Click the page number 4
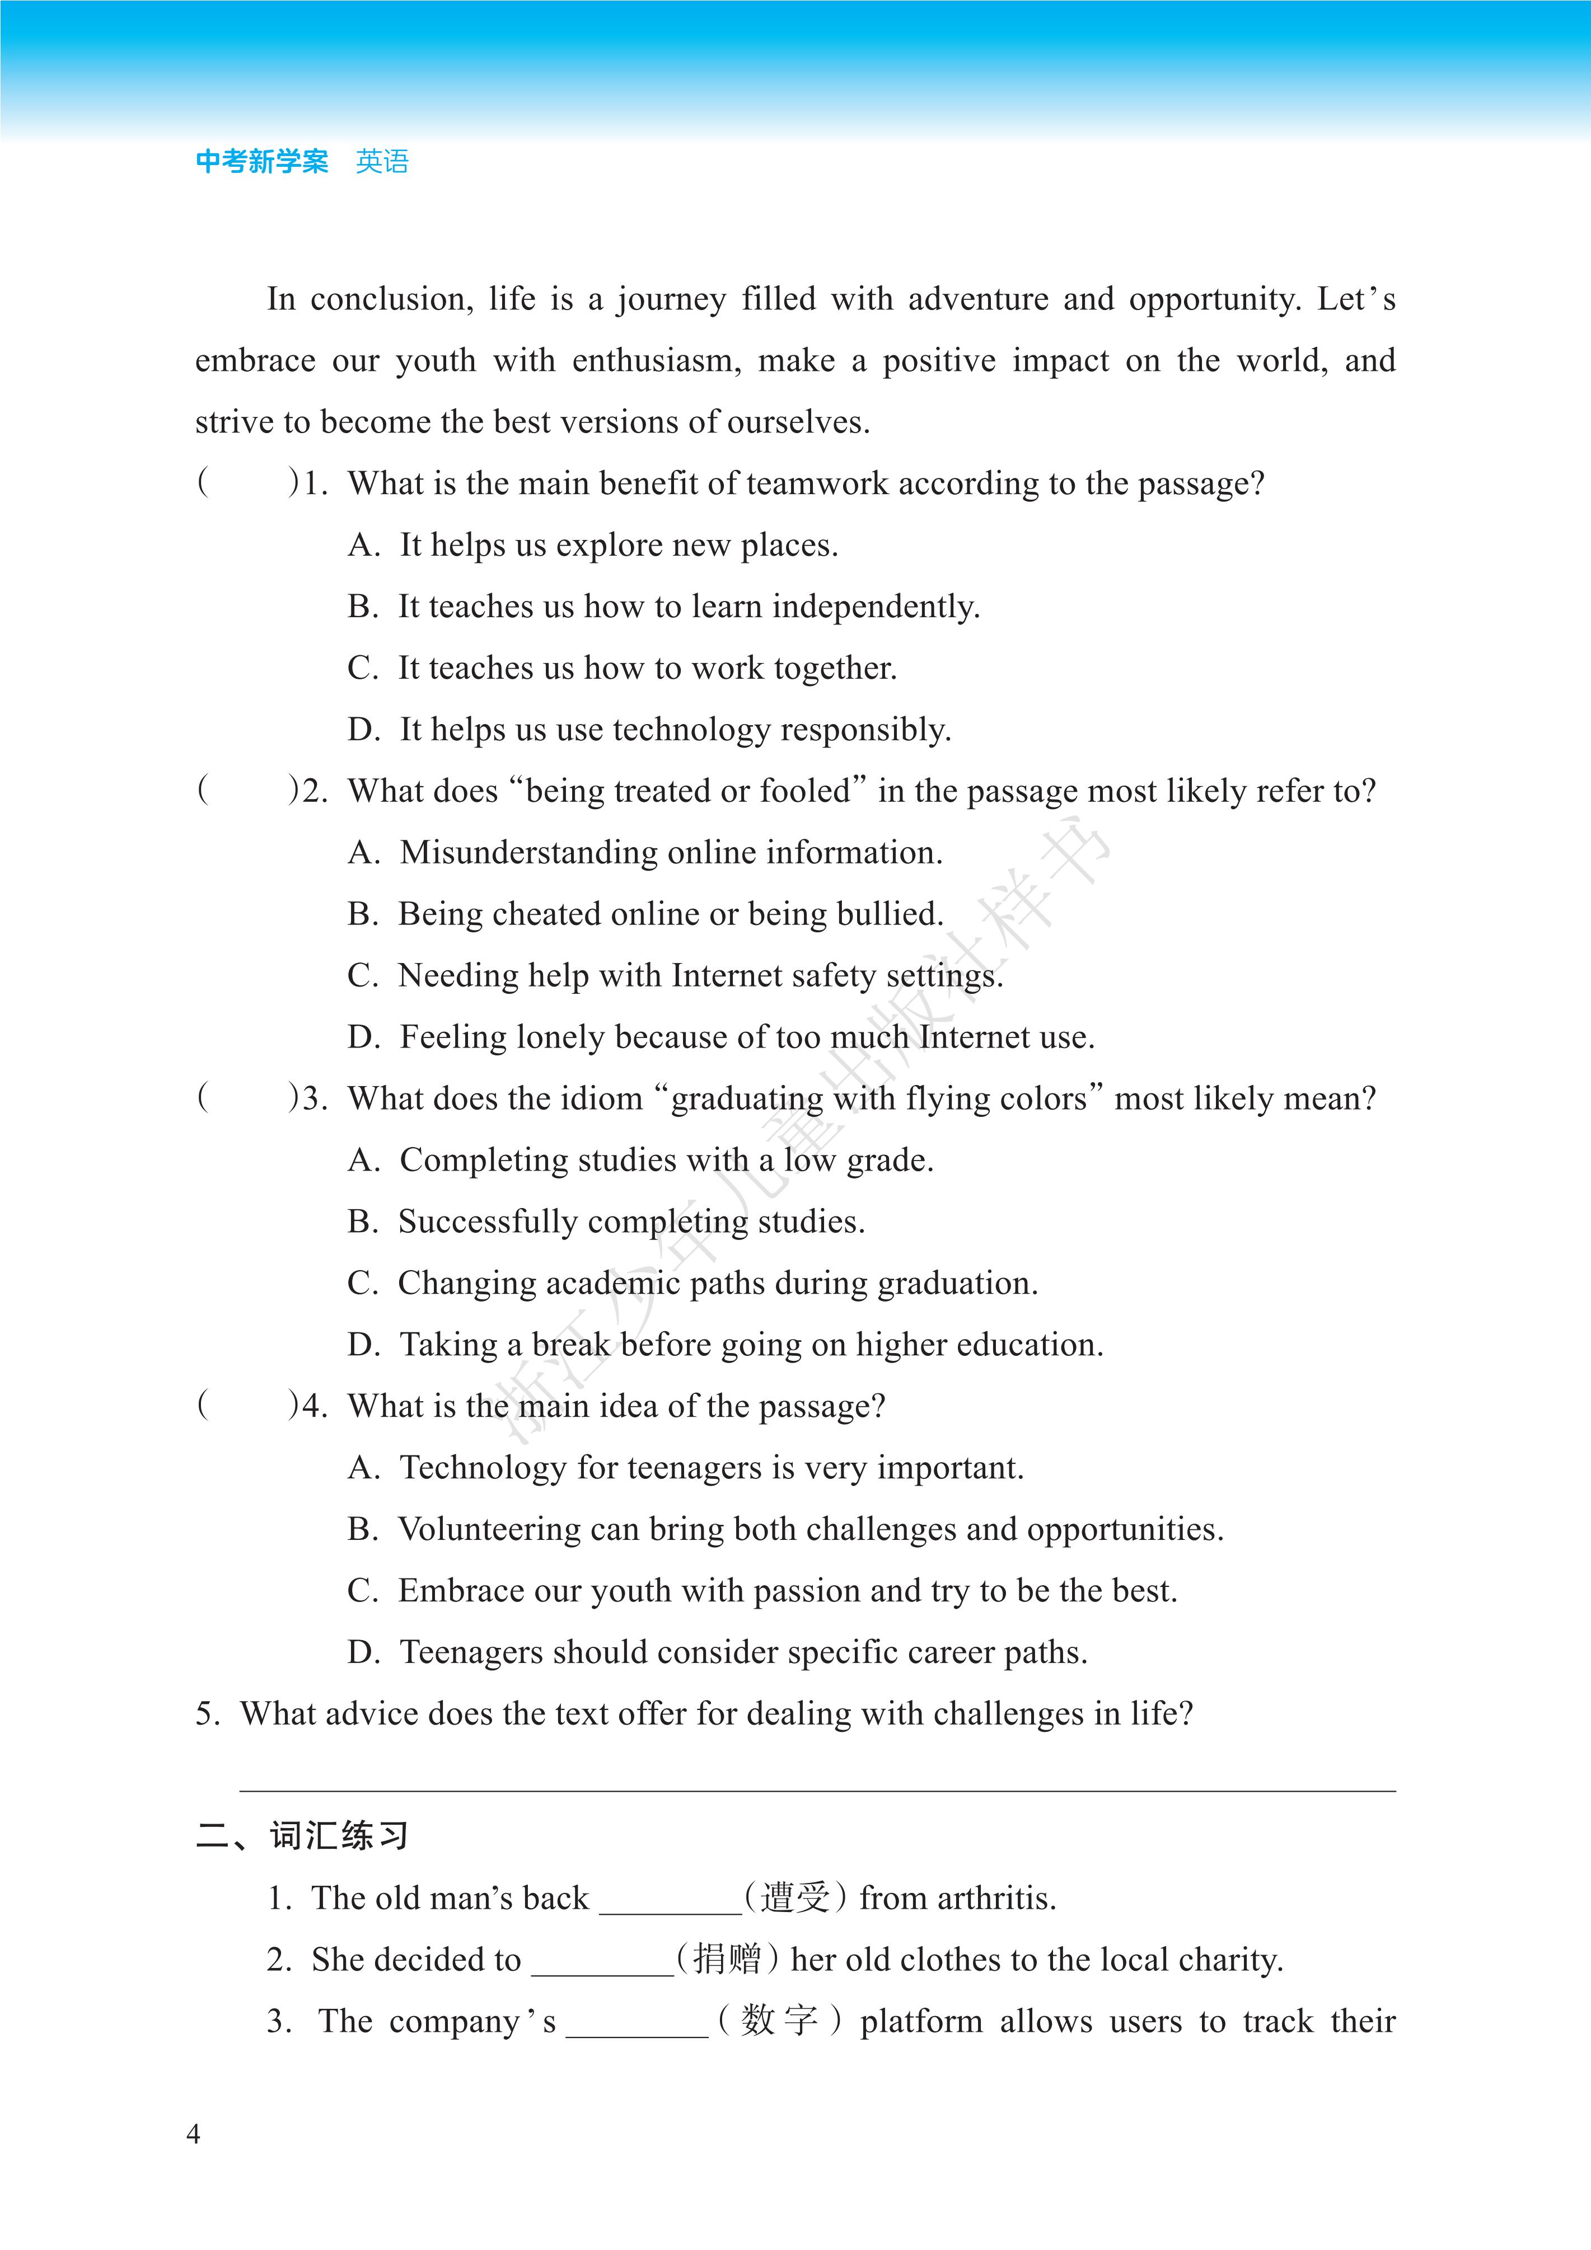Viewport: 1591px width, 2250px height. (x=193, y=2134)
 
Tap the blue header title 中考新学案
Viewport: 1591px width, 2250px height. (x=262, y=162)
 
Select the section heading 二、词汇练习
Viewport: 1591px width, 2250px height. (x=302, y=1835)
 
